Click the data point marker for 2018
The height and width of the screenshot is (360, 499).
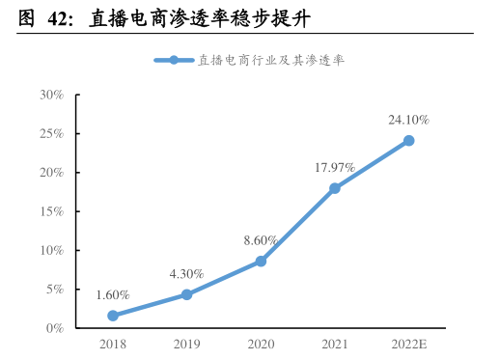point(113,316)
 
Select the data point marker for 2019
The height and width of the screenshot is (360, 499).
point(186,294)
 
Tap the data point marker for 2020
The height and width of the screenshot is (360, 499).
point(261,262)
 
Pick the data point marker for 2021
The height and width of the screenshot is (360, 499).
point(335,188)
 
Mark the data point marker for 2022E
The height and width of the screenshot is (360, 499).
point(408,141)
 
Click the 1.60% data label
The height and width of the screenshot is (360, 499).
point(113,294)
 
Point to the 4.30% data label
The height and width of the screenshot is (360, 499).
point(186,273)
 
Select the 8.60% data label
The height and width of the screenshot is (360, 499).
point(261,239)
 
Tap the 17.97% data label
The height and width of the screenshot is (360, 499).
point(335,167)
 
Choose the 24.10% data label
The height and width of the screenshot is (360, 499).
point(408,120)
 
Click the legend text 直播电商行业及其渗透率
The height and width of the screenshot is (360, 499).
point(271,60)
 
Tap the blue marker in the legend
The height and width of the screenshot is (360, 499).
point(174,60)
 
